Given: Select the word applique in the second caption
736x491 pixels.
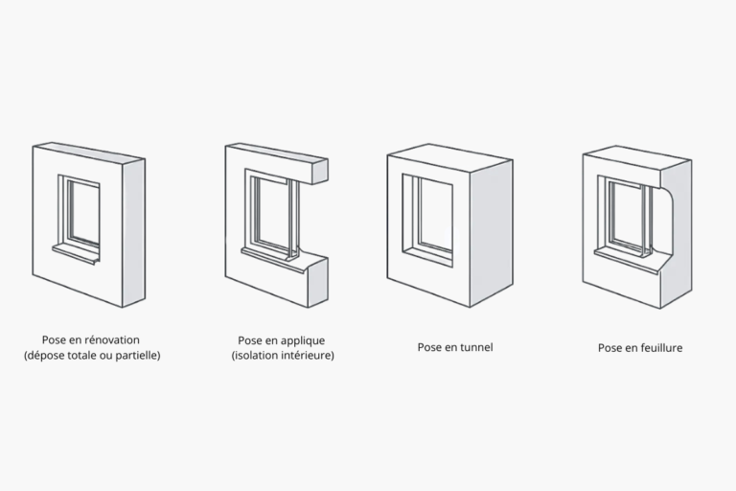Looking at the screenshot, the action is pyautogui.click(x=302, y=340).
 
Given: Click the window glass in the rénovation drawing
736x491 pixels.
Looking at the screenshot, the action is pyautogui.click(x=85, y=212).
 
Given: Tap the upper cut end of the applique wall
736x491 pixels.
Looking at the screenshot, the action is pyautogui.click(x=320, y=172).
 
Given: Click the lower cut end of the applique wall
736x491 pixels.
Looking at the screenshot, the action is pyautogui.click(x=318, y=282).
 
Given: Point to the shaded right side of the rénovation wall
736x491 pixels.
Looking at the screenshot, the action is pyautogui.click(x=134, y=233).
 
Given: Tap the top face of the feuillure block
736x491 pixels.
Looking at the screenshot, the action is pyautogui.click(x=636, y=157).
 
